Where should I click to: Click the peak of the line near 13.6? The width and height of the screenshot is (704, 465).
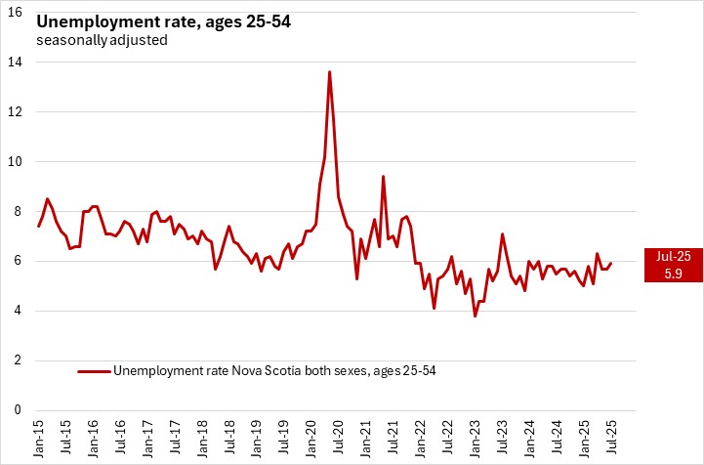[329, 71]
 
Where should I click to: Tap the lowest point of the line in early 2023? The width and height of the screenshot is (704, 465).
[475, 316]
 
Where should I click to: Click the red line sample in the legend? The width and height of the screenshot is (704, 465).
[94, 371]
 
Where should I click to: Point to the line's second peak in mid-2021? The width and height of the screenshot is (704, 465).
[384, 176]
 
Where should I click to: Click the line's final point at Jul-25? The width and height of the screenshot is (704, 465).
[611, 263]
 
